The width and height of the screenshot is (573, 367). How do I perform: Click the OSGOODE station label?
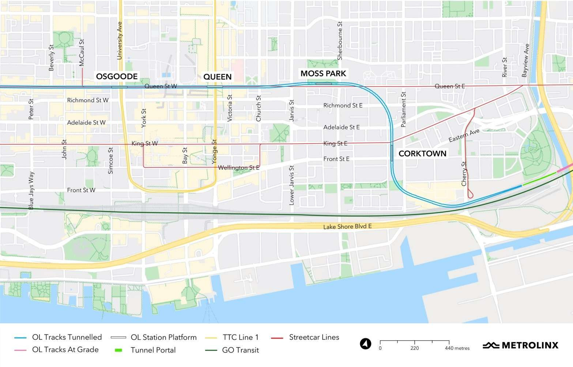(117, 76)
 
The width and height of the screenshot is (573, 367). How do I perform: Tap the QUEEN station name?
(217, 77)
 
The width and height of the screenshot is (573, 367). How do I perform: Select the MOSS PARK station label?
(323, 73)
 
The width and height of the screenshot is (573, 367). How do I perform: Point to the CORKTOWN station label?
(422, 154)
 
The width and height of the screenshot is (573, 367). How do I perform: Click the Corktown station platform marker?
(392, 153)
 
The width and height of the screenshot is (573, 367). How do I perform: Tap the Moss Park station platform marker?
(324, 84)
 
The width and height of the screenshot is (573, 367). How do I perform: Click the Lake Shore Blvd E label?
(347, 227)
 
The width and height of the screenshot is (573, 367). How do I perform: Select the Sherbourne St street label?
(340, 41)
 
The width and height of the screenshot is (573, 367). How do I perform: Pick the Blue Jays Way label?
(31, 190)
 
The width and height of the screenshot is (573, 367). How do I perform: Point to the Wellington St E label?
(238, 168)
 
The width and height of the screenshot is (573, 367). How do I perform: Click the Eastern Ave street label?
(464, 136)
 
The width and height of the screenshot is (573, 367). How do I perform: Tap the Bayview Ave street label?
(525, 60)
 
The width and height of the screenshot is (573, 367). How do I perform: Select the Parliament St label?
(403, 109)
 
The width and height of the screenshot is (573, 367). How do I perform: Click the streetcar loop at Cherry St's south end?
(470, 195)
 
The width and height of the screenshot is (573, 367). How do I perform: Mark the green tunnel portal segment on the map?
(539, 179)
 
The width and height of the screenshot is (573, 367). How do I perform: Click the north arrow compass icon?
(365, 344)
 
